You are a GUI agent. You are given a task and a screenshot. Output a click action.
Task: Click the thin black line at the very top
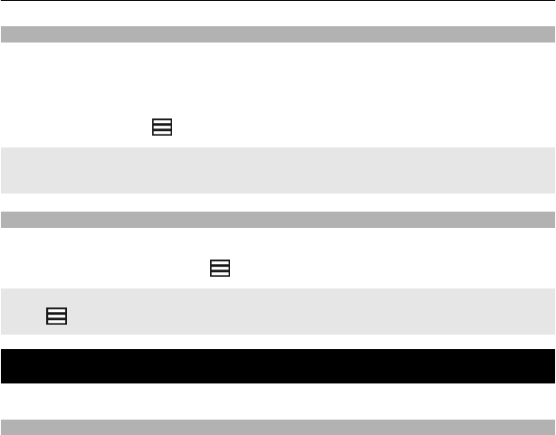[278, 1]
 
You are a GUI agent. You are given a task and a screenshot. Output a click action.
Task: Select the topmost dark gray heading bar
[278, 35]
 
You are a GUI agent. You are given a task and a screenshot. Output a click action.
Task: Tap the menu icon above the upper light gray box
[161, 128]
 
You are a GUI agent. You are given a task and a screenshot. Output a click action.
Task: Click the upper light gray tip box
[278, 170]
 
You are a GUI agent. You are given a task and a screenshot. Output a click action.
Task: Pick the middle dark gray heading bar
[278, 219]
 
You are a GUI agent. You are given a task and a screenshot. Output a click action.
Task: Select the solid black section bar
[278, 366]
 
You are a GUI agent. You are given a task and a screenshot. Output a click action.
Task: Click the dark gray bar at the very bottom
[278, 427]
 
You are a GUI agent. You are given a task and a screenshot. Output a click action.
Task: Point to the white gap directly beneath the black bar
[278, 402]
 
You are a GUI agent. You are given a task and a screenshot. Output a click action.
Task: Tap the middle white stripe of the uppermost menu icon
[161, 128]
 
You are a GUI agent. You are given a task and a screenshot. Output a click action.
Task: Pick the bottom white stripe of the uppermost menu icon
[161, 133]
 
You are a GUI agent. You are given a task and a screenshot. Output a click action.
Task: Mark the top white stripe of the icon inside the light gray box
[55, 311]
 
